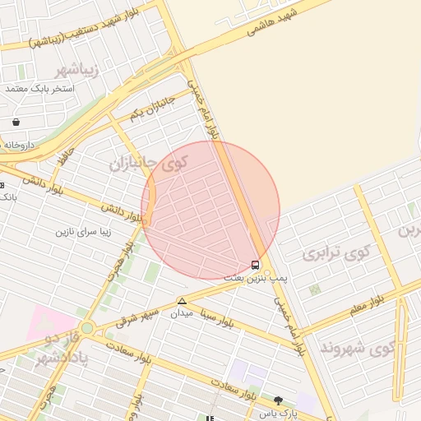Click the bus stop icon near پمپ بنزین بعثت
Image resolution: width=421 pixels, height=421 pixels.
point(256,266)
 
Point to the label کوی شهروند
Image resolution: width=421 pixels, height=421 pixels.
point(361,349)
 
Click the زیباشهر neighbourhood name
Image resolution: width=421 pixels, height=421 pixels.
point(74,69)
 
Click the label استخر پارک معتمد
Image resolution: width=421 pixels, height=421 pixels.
point(39,87)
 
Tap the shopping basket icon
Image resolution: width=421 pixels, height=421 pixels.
point(16,123)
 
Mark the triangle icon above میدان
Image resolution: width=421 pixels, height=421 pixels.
point(182,301)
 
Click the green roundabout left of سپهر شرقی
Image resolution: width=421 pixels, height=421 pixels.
point(87,327)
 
